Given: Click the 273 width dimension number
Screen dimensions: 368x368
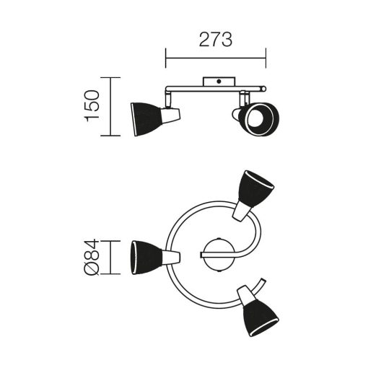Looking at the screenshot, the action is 216,40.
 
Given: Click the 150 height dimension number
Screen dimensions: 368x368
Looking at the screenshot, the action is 92,106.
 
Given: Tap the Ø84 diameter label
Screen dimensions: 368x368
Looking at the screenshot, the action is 92,257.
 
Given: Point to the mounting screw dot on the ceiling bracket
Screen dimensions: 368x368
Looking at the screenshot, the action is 219,82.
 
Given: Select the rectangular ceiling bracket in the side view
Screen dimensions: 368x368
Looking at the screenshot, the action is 219,82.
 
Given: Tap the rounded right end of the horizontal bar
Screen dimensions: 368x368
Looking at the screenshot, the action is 263,89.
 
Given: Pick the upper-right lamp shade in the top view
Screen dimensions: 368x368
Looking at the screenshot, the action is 255,188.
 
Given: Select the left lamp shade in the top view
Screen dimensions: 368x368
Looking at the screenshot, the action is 146,257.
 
